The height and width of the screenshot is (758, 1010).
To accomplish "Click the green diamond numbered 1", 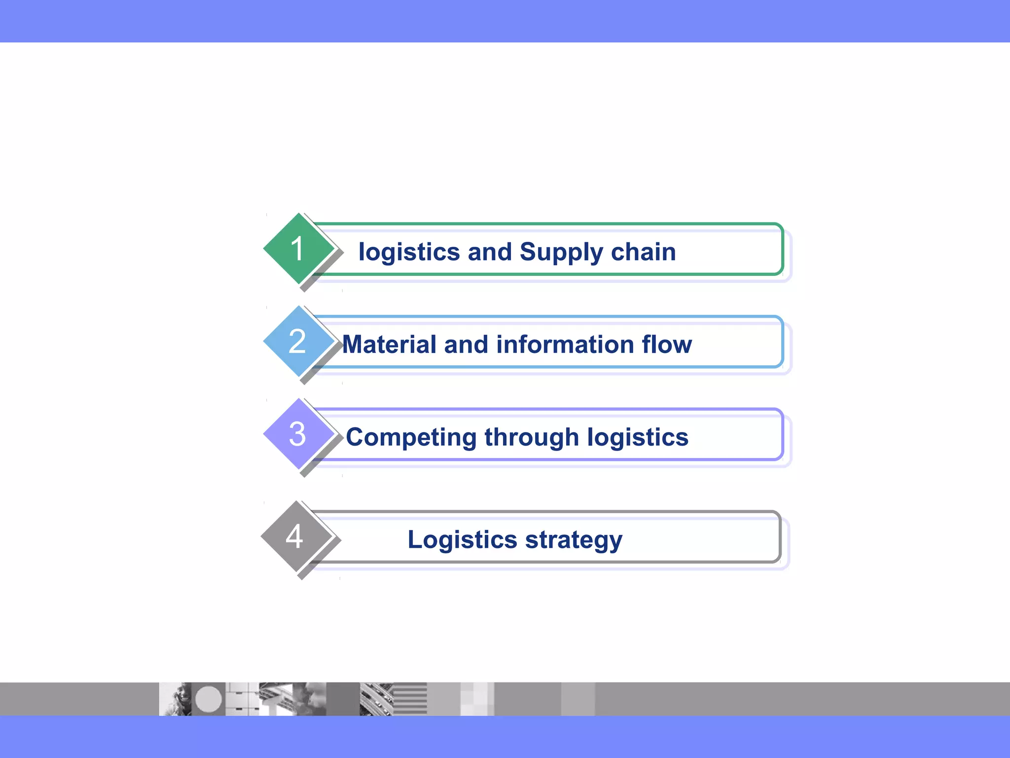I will tap(297, 248).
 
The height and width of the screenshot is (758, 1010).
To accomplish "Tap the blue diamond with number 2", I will tap(297, 341).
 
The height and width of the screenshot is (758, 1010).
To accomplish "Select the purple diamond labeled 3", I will tap(297, 434).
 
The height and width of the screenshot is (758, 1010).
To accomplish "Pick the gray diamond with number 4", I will tap(295, 536).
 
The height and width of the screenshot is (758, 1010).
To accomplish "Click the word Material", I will tap(390, 344).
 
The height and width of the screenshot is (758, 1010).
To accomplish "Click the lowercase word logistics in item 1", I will tap(409, 253).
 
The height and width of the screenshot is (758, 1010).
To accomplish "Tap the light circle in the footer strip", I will tap(209, 699).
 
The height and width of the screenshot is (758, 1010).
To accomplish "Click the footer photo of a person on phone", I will tap(176, 699).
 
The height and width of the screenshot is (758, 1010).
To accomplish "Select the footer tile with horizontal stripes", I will tap(410, 699).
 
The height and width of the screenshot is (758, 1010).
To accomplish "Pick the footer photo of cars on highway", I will tap(376, 699).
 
